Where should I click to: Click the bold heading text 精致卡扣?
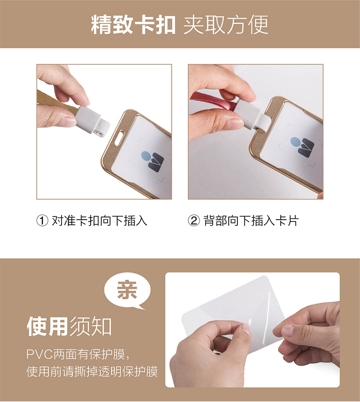(133, 25)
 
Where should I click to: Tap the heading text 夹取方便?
(226, 25)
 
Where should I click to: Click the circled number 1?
(42, 221)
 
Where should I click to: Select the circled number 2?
(194, 221)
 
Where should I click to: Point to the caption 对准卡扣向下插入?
(99, 221)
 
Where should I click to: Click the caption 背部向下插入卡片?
(251, 221)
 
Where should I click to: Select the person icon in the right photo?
(302, 147)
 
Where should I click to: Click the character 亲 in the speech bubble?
(127, 290)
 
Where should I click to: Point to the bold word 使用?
(47, 326)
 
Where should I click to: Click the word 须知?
(91, 326)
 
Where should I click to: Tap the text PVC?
(40, 354)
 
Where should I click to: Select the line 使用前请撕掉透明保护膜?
(92, 371)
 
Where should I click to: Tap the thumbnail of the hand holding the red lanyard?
(256, 132)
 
